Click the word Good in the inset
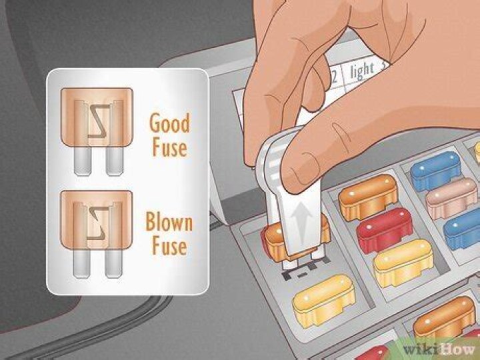tap(169, 123)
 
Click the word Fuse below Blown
tap(167, 246)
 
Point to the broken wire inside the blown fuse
tap(94, 220)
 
